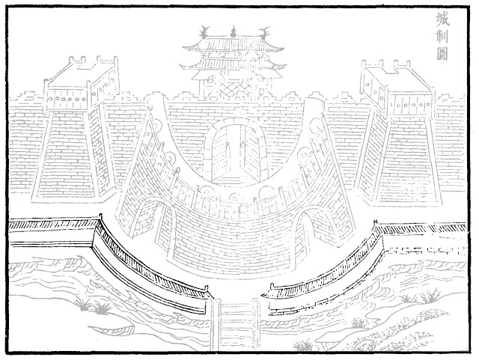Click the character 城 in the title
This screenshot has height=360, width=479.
[x=442, y=19]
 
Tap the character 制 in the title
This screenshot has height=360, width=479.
[x=442, y=37]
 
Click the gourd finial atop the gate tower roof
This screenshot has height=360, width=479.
[x=234, y=31]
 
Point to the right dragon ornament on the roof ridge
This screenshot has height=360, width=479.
[x=263, y=33]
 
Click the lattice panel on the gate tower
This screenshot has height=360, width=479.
[x=233, y=89]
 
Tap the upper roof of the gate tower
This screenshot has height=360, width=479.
[x=233, y=45]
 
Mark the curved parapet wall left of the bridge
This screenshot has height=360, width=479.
[x=150, y=263]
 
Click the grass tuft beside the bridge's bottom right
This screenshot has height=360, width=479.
[x=303, y=345]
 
